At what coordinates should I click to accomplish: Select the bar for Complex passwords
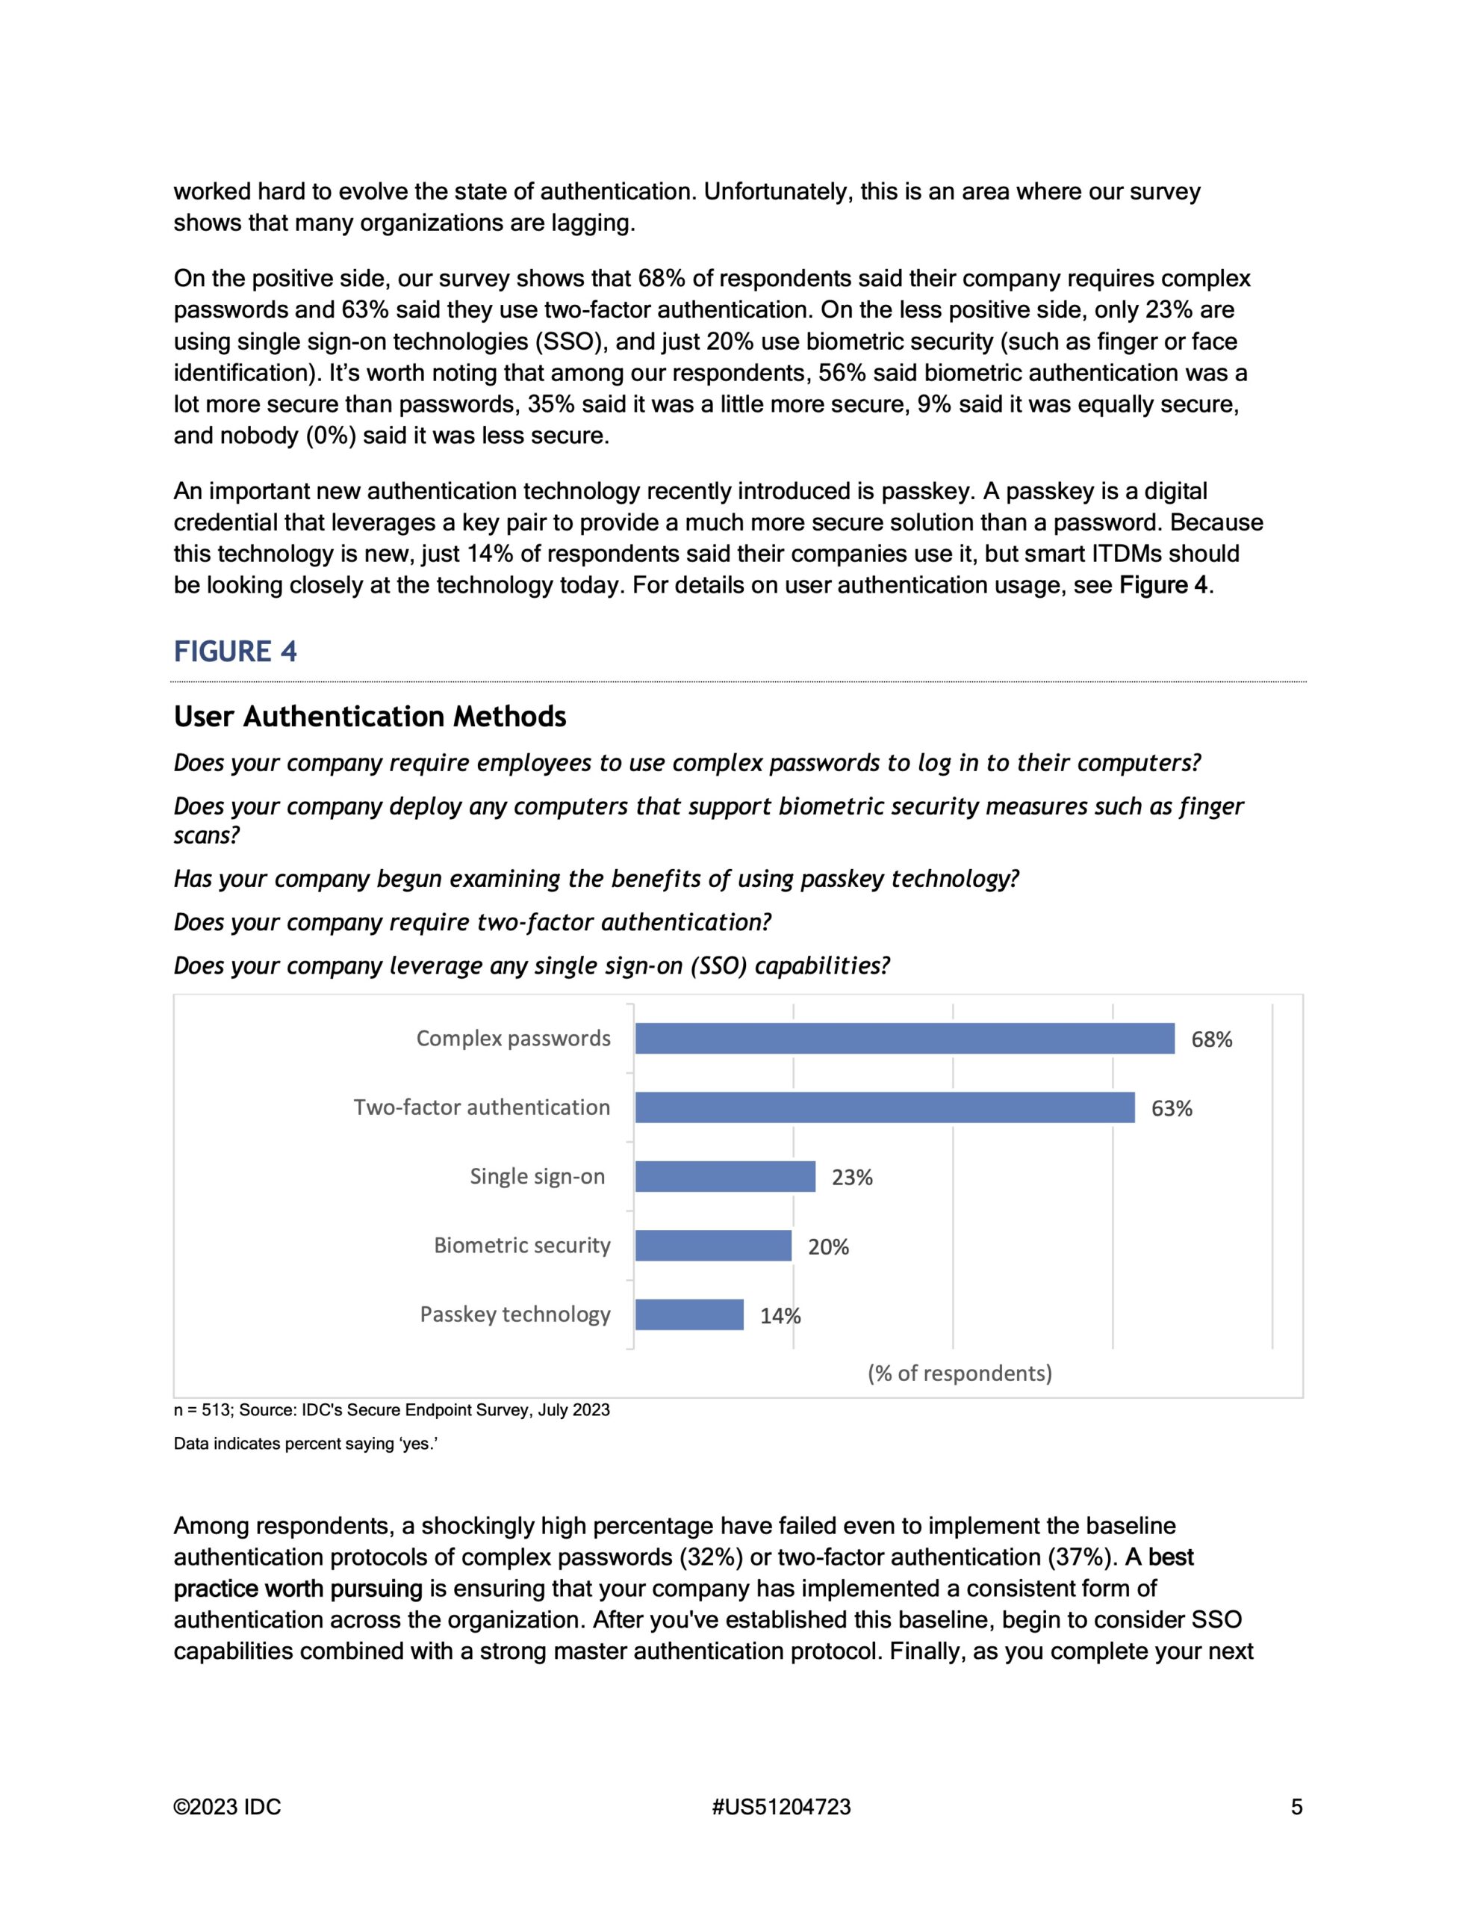pyautogui.click(x=904, y=1038)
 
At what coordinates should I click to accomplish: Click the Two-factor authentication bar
pyautogui.click(x=884, y=1107)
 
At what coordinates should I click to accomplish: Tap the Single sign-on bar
pyautogui.click(x=725, y=1176)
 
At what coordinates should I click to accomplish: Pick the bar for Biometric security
pyautogui.click(x=712, y=1246)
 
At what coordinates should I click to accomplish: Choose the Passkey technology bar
pyautogui.click(x=689, y=1314)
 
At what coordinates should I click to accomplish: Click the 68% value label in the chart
pyautogui.click(x=1212, y=1039)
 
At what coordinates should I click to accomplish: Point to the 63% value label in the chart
pyautogui.click(x=1172, y=1109)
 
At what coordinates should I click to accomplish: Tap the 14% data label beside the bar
pyautogui.click(x=780, y=1316)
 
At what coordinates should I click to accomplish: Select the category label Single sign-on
pyautogui.click(x=537, y=1176)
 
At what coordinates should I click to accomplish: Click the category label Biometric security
pyautogui.click(x=522, y=1246)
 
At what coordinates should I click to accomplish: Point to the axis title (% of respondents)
pyautogui.click(x=960, y=1373)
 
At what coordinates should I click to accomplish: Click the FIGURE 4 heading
pyautogui.click(x=234, y=652)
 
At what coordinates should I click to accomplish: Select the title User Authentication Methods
pyautogui.click(x=370, y=717)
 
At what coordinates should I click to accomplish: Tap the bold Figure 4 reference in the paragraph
pyautogui.click(x=1163, y=585)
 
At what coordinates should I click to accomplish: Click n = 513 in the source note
pyautogui.click(x=202, y=1410)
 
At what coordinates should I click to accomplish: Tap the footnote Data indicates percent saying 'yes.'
pyautogui.click(x=305, y=1444)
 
